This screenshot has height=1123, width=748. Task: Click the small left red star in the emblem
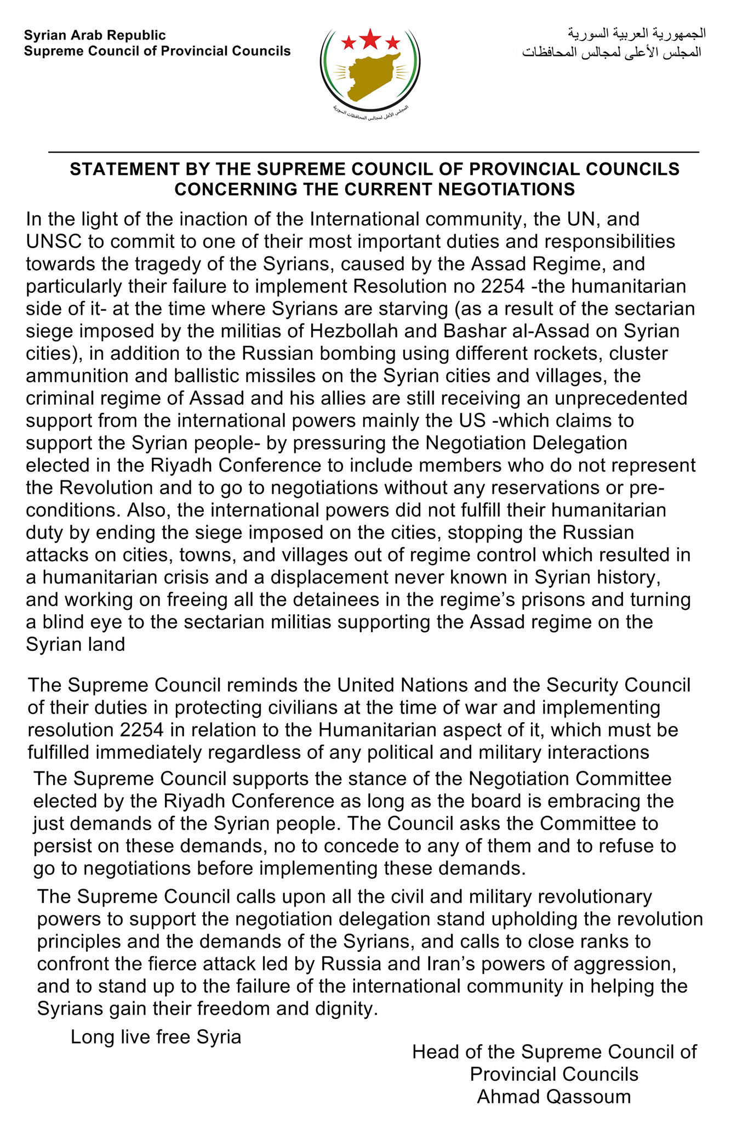348,42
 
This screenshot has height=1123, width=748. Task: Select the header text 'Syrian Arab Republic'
95,36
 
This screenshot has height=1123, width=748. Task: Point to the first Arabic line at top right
636,33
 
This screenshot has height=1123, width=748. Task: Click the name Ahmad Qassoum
554,1096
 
